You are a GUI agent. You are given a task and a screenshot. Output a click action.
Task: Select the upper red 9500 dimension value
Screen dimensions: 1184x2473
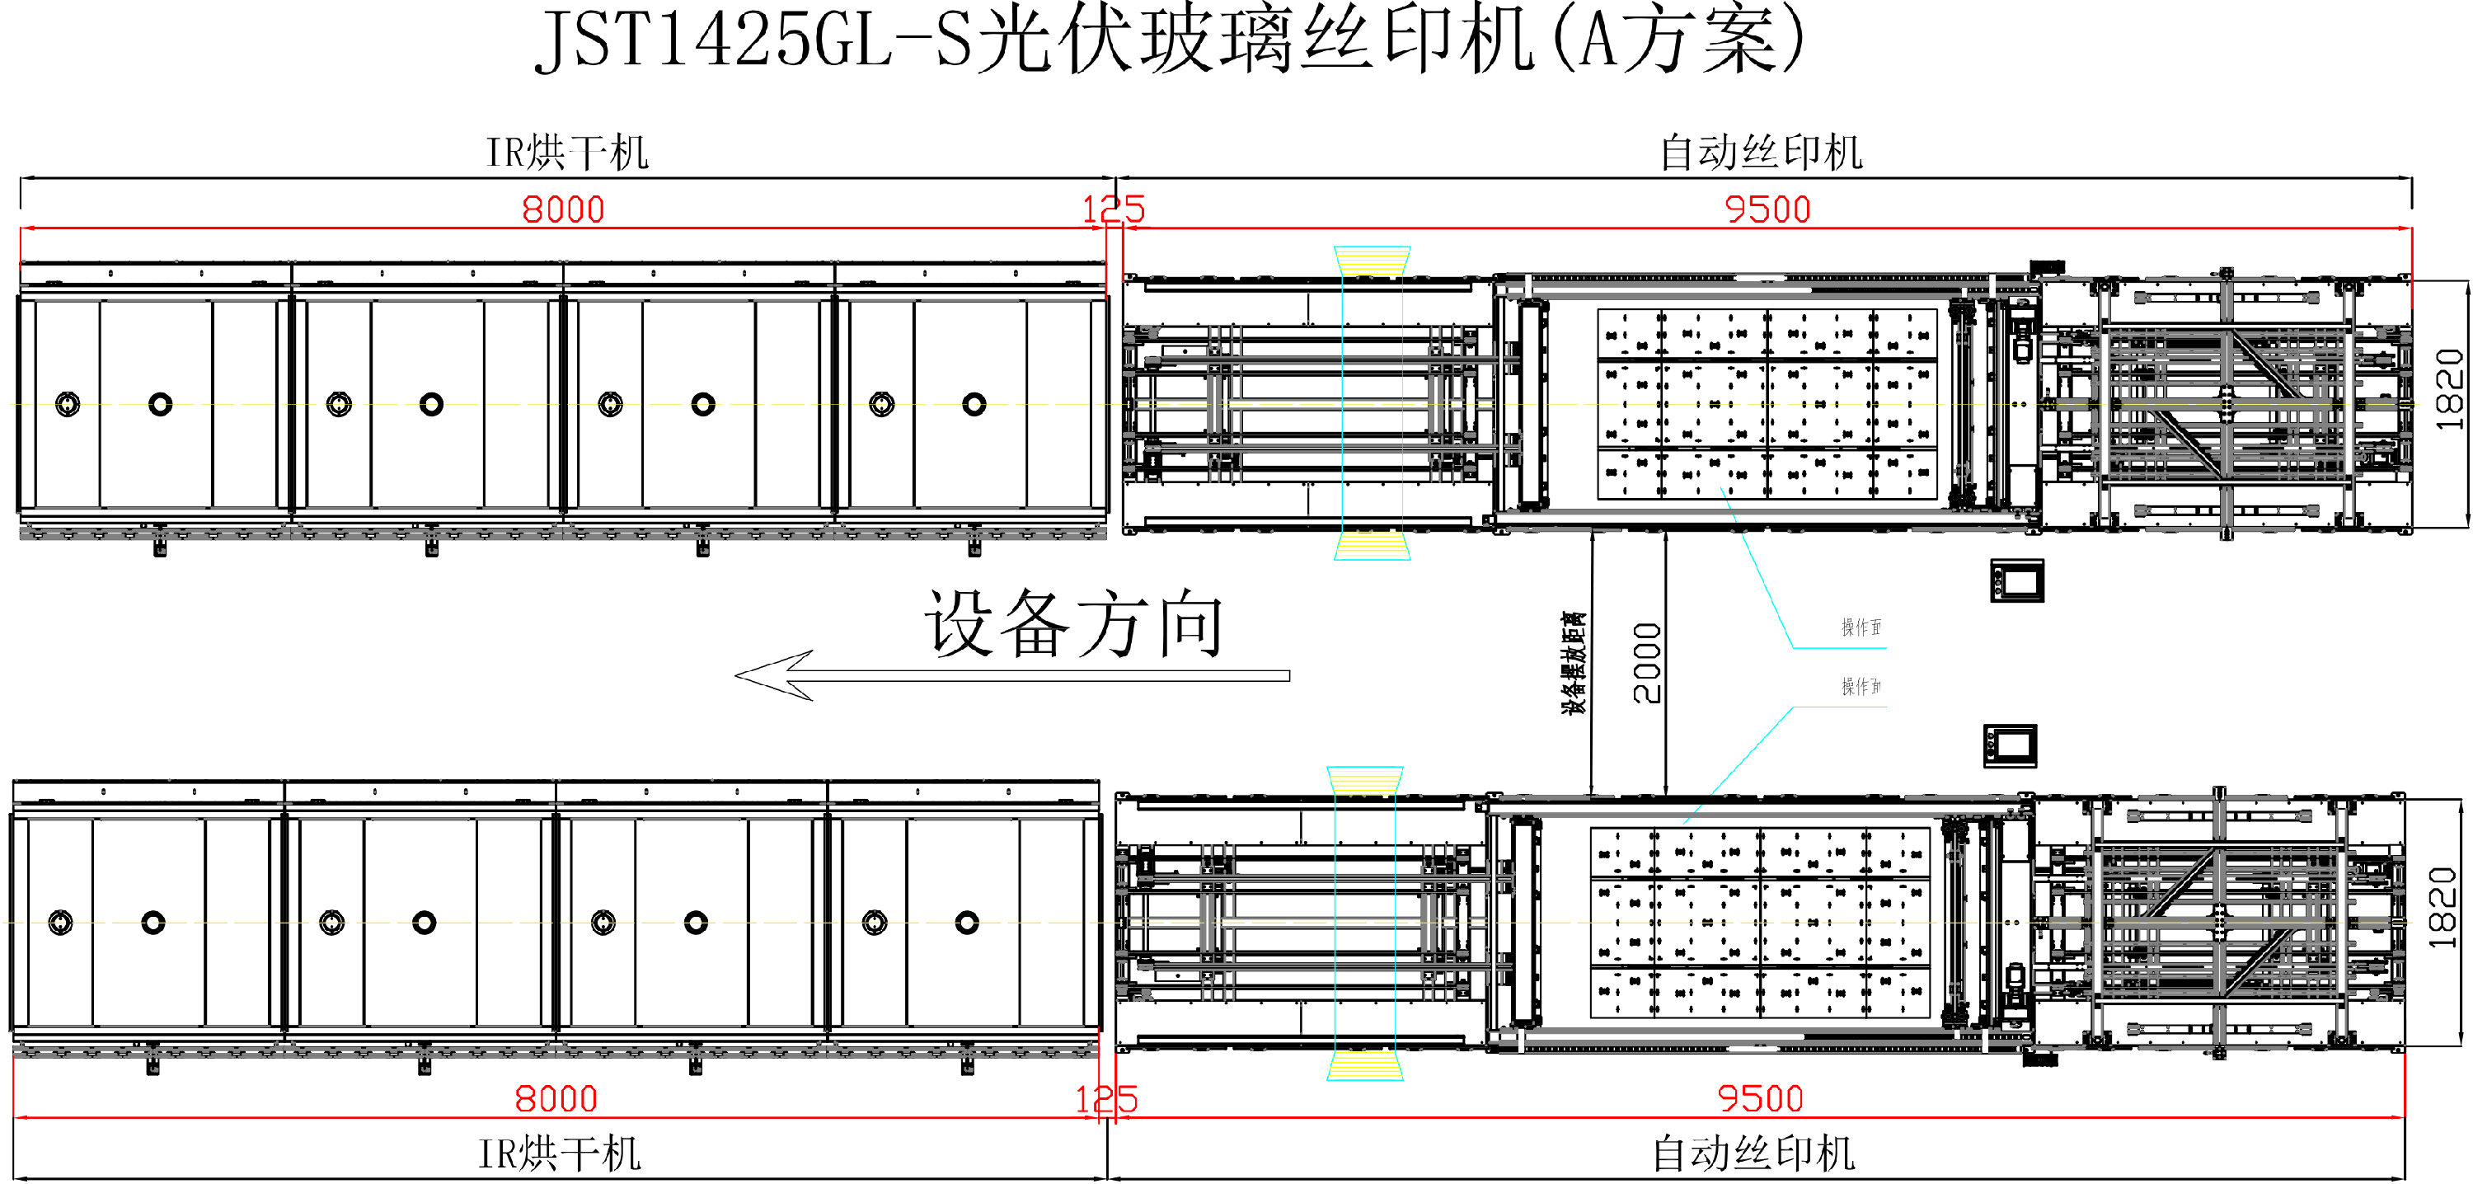pos(1767,209)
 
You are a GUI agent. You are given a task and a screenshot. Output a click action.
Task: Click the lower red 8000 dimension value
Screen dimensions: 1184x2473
pos(556,1098)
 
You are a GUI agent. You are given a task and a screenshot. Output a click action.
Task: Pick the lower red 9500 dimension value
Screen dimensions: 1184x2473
pos(1760,1098)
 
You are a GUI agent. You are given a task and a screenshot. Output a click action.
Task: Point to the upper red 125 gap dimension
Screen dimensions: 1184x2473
pos(1114,209)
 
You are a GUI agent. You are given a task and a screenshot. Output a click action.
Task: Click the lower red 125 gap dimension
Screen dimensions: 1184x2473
pos(1106,1098)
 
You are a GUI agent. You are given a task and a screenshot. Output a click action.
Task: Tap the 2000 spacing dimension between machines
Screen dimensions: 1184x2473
pos(1647,663)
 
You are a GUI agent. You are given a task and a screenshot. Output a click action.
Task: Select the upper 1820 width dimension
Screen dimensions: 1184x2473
pos(2449,389)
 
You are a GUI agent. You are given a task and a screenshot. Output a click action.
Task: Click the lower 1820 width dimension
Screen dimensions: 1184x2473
pos(2442,908)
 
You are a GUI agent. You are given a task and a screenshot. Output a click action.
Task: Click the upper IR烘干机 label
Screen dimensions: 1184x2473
pos(567,153)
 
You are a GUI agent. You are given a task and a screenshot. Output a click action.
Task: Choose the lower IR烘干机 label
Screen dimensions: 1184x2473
pos(560,1153)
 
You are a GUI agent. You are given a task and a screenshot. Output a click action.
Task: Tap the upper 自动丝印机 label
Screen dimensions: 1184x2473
pos(1762,153)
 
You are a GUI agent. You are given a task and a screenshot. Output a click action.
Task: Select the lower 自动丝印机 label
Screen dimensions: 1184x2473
pos(1754,1153)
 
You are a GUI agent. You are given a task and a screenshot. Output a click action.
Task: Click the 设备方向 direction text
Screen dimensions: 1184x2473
pos(1073,624)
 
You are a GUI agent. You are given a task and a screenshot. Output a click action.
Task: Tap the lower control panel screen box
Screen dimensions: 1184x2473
pos(2011,746)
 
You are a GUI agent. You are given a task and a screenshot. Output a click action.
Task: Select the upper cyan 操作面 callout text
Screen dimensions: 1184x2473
pos(1861,627)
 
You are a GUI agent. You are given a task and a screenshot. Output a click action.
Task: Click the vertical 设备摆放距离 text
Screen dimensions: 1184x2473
pos(1574,663)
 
